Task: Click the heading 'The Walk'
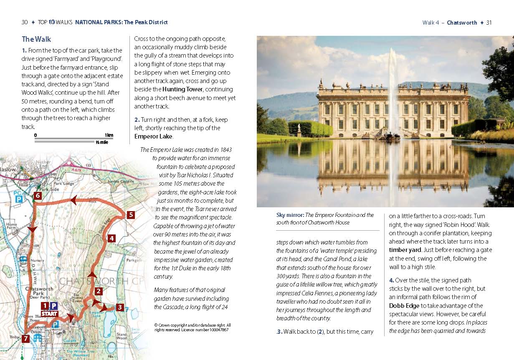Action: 36,39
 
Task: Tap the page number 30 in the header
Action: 25,22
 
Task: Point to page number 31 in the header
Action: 489,23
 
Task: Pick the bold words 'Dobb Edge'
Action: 403,306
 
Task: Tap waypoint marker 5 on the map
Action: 131,215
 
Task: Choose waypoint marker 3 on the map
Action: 119,308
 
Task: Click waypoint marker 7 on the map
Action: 26,339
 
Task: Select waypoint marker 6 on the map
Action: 38,195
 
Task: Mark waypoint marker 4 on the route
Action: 111,239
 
